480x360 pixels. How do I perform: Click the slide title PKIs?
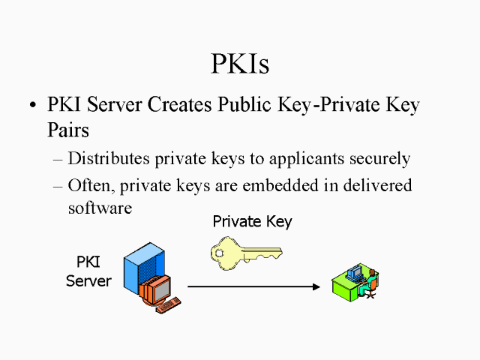[x=239, y=64]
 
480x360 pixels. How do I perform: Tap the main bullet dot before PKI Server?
[x=31, y=106]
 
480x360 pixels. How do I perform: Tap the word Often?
[x=88, y=184]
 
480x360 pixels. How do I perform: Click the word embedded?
[x=273, y=184]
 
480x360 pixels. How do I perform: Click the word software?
[x=100, y=208]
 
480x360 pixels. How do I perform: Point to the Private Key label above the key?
[x=252, y=222]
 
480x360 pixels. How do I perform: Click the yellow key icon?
[x=244, y=253]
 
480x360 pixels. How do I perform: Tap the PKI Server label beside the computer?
[x=89, y=272]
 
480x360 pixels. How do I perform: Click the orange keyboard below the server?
[x=168, y=304]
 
